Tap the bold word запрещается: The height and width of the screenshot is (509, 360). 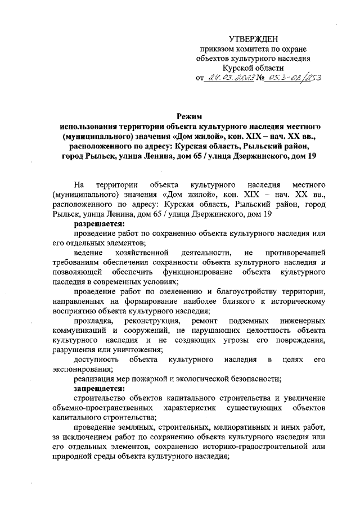click(x=97, y=389)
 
